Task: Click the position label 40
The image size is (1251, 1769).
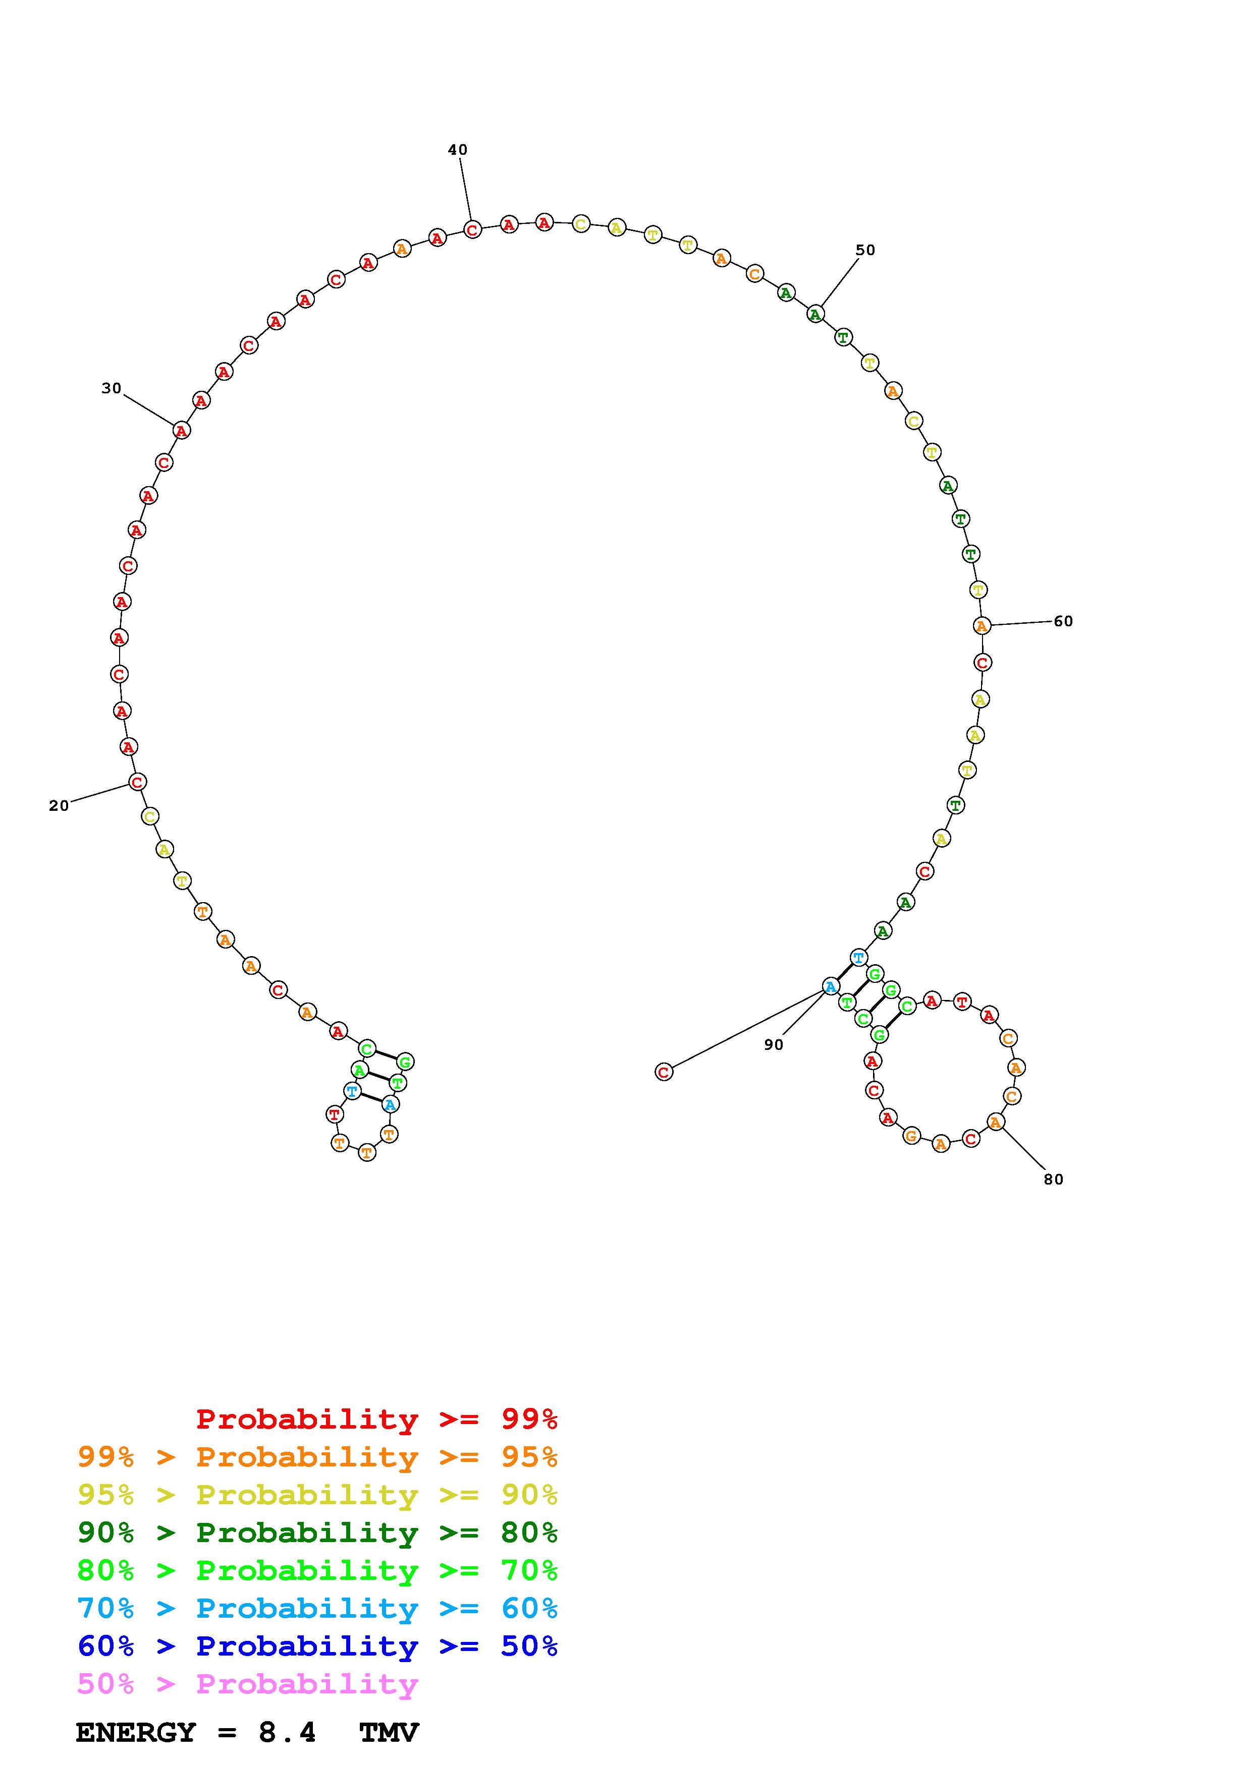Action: coord(458,149)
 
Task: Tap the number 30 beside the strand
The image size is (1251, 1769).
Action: coord(112,388)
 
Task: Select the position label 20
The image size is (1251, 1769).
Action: coord(59,806)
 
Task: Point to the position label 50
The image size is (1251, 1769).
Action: coord(865,250)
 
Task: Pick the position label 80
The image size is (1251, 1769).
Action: coord(1054,1179)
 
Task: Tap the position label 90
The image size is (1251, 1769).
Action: coord(774,1045)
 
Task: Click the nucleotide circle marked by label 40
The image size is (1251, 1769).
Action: coord(472,229)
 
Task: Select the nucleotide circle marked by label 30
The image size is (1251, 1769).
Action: coord(181,431)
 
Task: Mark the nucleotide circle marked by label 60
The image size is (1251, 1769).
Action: coord(981,626)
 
